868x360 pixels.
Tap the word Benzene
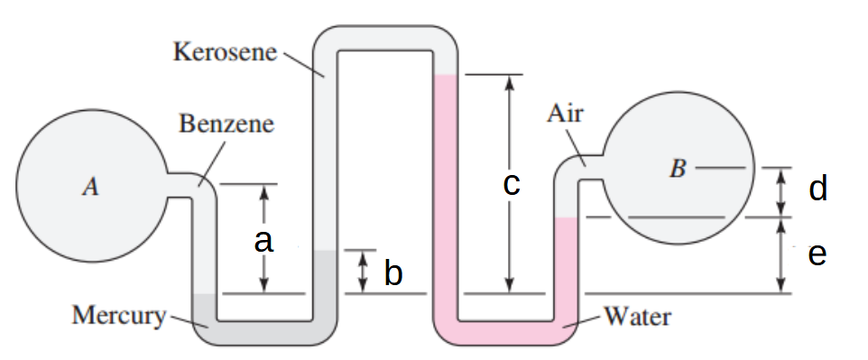(x=226, y=124)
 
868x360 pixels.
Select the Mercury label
(x=119, y=316)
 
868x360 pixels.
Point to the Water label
(x=637, y=317)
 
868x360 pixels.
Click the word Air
(x=566, y=114)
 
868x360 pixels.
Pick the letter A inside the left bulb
(x=89, y=187)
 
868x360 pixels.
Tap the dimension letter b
(x=392, y=272)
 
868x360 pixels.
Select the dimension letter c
(x=511, y=185)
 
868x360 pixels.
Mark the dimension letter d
(x=818, y=189)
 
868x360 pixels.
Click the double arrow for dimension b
(x=363, y=272)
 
